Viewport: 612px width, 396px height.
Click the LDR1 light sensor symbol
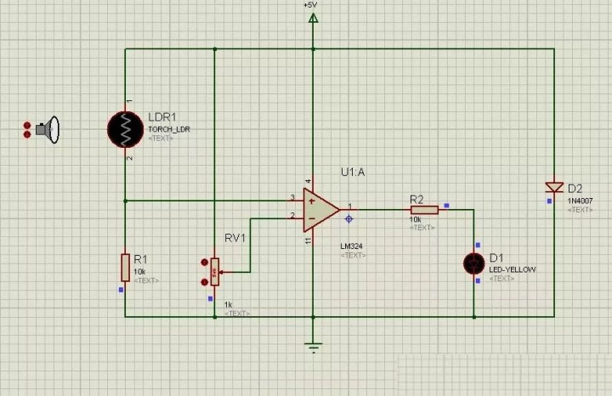[x=126, y=129]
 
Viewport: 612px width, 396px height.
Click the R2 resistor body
[x=423, y=209]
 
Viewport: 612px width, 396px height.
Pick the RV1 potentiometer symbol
[x=214, y=272]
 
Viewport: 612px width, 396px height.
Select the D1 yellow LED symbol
[x=473, y=263]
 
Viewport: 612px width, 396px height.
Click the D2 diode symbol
[x=554, y=187]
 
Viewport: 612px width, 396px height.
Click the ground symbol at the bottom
[x=313, y=346]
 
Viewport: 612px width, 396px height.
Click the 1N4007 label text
[x=581, y=201]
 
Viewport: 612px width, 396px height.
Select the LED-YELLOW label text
[x=513, y=269]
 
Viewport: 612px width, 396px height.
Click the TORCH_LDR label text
[x=169, y=128]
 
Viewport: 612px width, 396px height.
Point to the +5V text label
[x=309, y=4]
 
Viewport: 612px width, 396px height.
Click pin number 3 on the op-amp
[x=292, y=197]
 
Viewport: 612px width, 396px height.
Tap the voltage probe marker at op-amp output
[x=349, y=218]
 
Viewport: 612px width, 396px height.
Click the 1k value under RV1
[x=227, y=304]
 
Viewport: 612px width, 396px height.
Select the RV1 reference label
[x=235, y=238]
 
